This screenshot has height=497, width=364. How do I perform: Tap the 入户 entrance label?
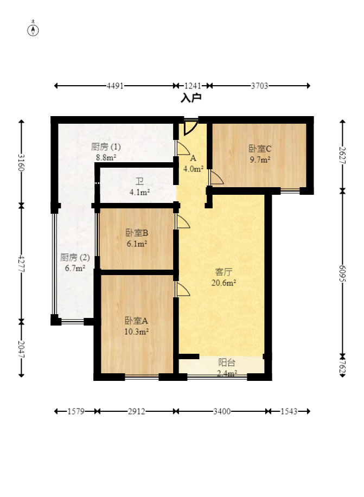pyautogui.click(x=191, y=98)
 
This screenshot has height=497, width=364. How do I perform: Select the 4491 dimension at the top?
pyautogui.click(x=115, y=86)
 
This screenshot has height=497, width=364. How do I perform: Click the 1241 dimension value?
pyautogui.click(x=193, y=86)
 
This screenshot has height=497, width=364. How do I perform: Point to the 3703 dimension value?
pyautogui.click(x=260, y=86)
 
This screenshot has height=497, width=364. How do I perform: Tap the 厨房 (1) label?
pyautogui.click(x=106, y=147)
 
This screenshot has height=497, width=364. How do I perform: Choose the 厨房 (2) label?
pyautogui.click(x=75, y=257)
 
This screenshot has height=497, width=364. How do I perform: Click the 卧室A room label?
pyautogui.click(x=137, y=320)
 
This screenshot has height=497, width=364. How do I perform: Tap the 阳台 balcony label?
pyautogui.click(x=227, y=362)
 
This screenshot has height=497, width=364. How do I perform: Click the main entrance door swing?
pyautogui.click(x=190, y=128)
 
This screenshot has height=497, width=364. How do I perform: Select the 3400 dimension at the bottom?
pyautogui.click(x=221, y=412)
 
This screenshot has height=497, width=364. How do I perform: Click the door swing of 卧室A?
pyautogui.click(x=182, y=289)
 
